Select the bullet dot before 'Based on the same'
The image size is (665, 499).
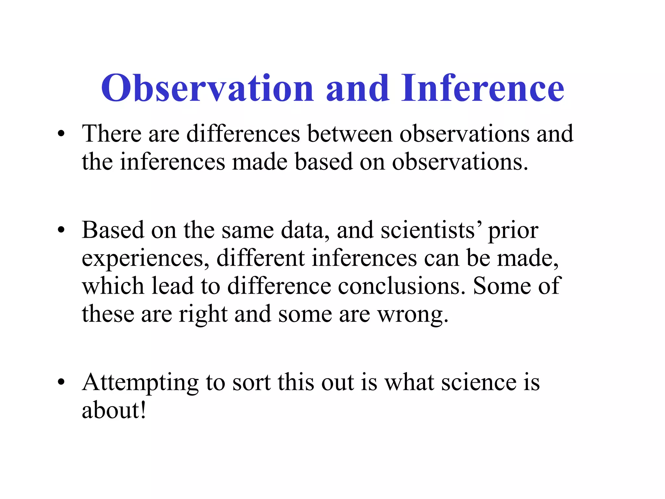point(61,230)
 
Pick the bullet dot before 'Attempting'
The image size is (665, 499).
point(61,382)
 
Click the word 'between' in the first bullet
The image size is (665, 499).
point(350,134)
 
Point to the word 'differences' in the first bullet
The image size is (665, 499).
point(243,134)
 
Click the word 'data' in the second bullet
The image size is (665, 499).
point(305,230)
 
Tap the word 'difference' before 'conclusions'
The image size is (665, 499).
point(279,286)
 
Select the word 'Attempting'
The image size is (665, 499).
point(140,383)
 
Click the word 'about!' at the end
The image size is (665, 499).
point(114,410)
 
